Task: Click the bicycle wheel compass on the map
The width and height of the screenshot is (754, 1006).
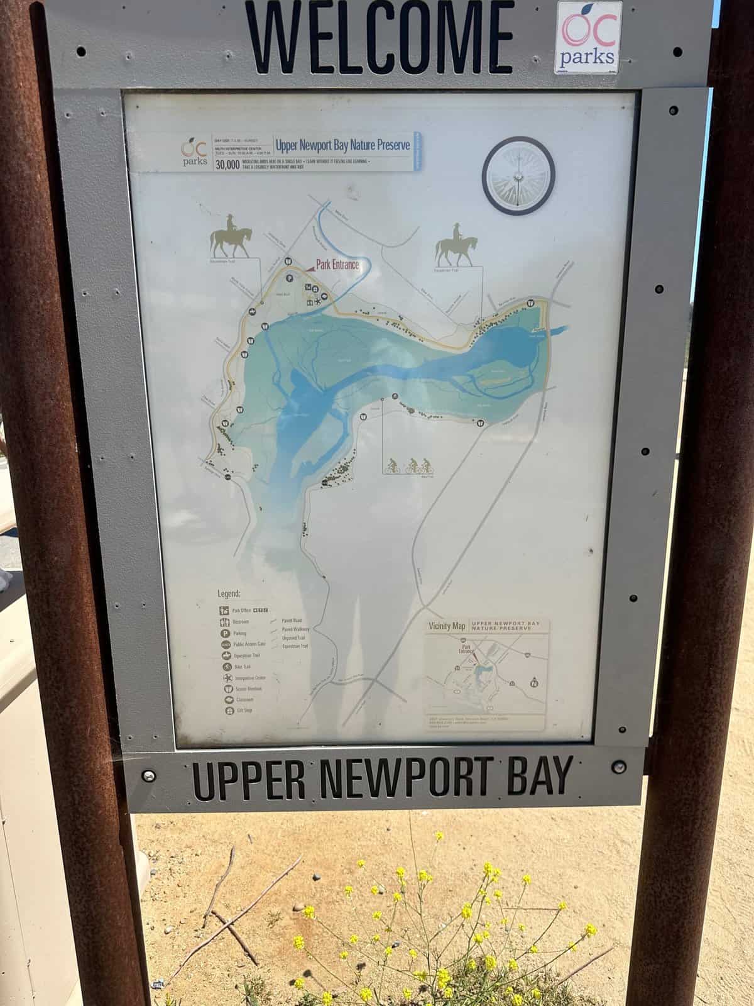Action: coord(518,174)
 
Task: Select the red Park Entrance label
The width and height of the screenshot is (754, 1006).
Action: coord(337,265)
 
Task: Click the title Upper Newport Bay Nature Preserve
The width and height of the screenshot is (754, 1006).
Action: coord(342,145)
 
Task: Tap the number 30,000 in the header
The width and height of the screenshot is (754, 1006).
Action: coord(227,165)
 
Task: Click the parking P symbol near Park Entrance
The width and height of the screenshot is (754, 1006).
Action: coord(290,277)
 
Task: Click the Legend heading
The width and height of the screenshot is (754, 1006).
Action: coord(229,593)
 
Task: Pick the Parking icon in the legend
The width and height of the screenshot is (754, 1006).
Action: coord(225,633)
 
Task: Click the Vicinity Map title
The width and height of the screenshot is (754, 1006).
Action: coord(447,626)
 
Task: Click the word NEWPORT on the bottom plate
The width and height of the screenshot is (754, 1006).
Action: coord(402,777)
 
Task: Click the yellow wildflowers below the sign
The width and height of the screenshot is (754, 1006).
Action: coord(440,931)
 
